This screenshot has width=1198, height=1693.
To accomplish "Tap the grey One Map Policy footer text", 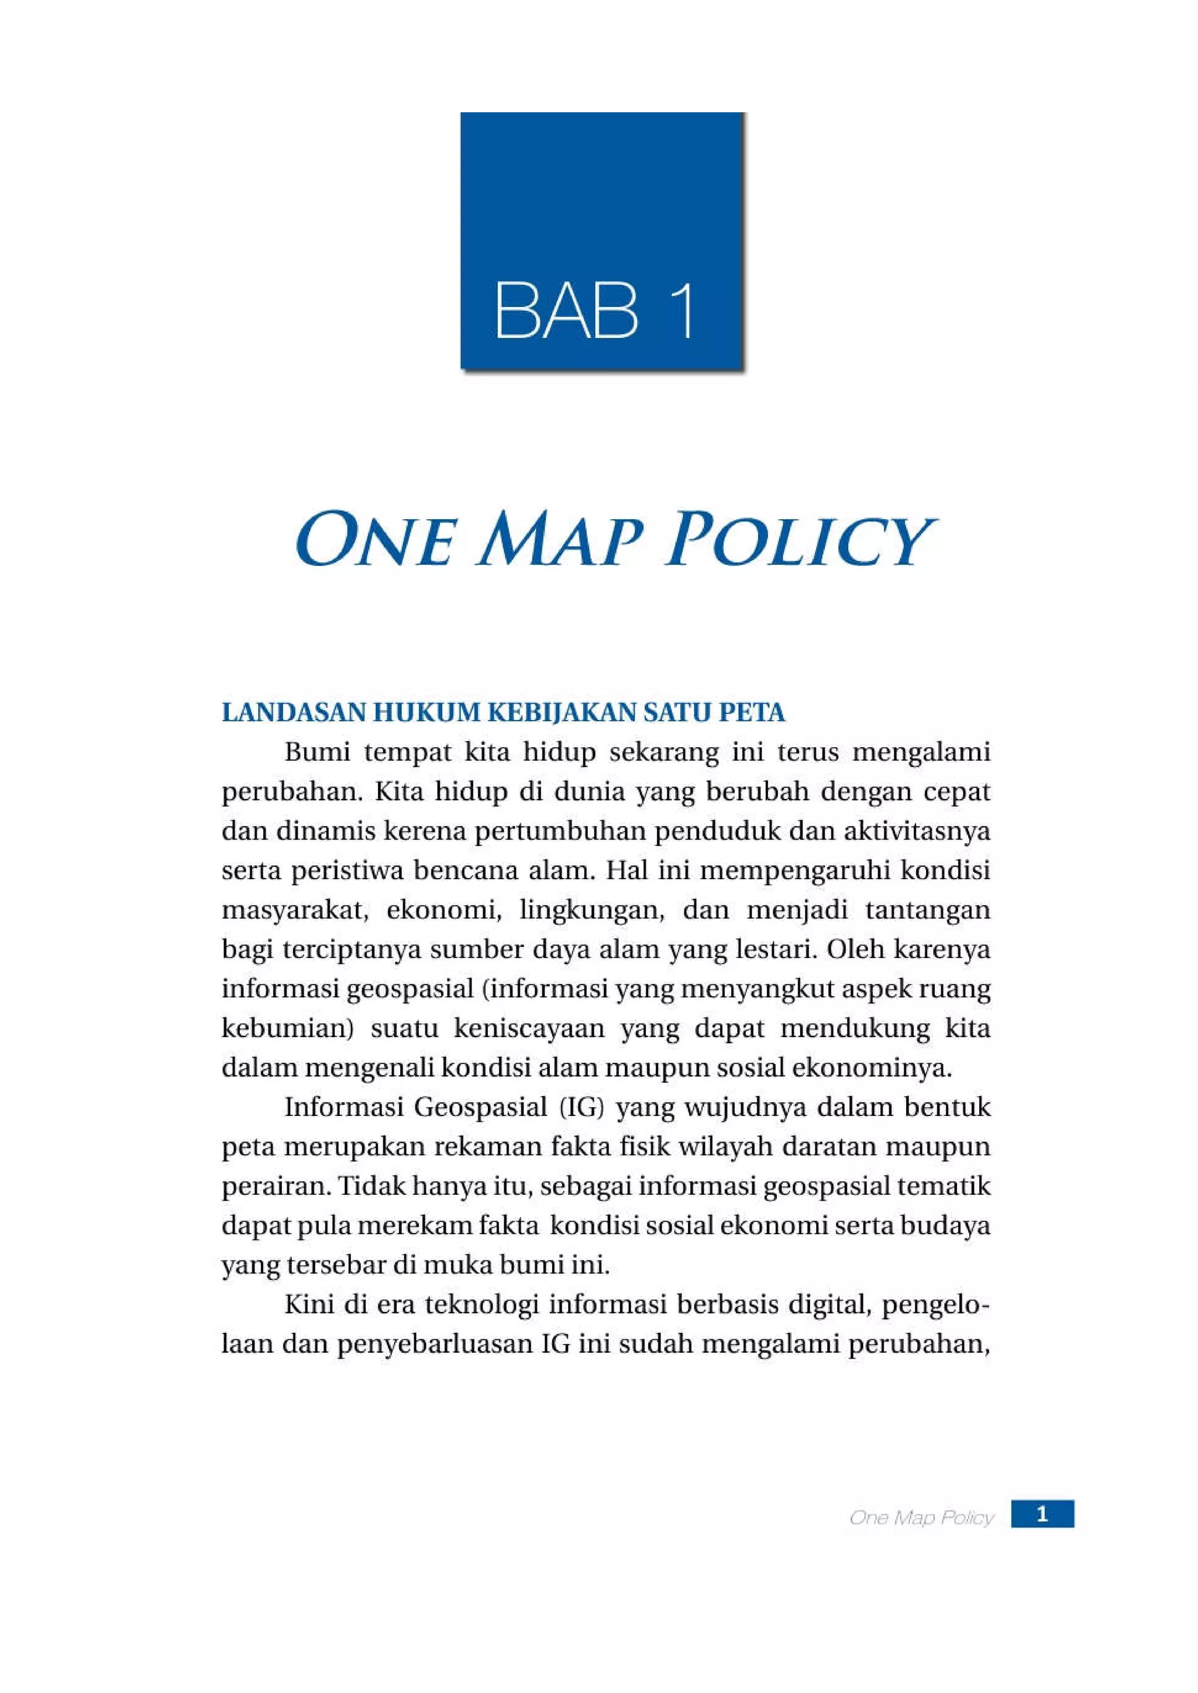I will click(921, 1518).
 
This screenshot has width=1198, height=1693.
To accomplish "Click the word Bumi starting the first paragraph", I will click(316, 753).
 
